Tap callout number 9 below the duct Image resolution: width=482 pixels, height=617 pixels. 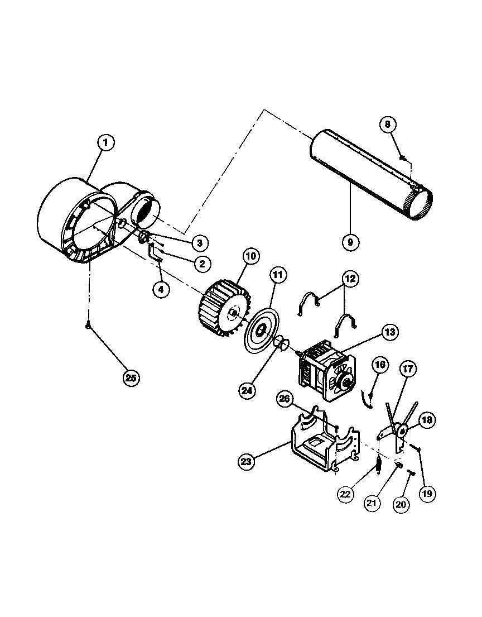click(351, 242)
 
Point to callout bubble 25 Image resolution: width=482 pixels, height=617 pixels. click(131, 377)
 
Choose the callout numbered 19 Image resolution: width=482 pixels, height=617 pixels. click(429, 493)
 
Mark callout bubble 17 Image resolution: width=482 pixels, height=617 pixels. click(407, 369)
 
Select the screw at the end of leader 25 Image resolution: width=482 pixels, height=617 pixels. click(88, 328)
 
